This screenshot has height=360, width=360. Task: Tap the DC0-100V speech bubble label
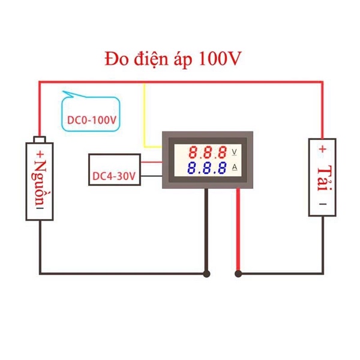(91, 120)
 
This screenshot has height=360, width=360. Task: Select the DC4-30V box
(115, 170)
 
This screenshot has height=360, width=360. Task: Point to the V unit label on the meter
(234, 152)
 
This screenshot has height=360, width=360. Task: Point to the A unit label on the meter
(234, 167)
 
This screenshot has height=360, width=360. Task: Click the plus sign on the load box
(323, 148)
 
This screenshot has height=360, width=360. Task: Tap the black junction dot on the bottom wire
(207, 274)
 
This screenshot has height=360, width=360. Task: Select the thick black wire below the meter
(207, 234)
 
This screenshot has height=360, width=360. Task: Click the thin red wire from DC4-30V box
(153, 161)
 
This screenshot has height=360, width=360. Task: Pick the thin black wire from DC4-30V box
(153, 176)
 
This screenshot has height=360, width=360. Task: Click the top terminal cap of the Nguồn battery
(40, 140)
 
